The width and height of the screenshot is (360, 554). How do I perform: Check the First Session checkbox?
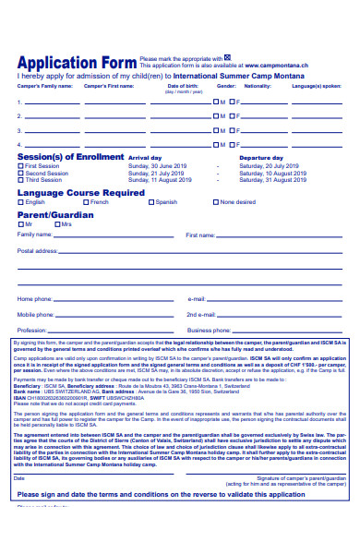point(21,166)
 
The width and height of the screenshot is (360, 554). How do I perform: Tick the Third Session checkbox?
point(21,179)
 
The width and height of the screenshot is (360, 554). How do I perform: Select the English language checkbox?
point(21,201)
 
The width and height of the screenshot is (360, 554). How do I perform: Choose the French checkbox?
point(86,201)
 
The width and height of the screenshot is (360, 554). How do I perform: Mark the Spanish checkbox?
point(150,201)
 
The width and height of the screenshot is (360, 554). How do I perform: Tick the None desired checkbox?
point(216,201)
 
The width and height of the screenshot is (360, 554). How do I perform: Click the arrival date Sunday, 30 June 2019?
point(159,166)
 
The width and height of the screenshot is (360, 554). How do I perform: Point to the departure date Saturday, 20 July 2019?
point(270,166)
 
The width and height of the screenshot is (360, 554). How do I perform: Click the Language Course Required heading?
point(81,192)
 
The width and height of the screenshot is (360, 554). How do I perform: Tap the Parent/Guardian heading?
point(56,214)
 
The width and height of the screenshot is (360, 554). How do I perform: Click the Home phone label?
point(35,299)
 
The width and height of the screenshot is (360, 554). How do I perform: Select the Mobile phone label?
point(36,315)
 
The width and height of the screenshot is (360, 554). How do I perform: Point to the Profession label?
point(32,330)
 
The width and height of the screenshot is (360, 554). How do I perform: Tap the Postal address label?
point(38,251)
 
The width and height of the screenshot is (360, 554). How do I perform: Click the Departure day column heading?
point(261,159)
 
